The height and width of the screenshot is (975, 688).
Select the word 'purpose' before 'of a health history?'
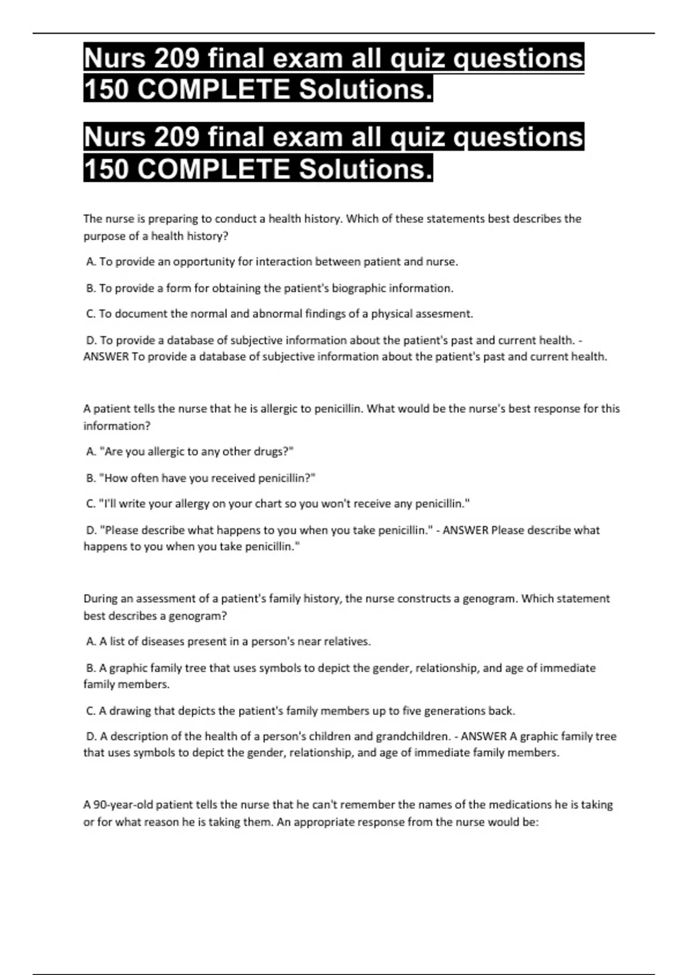pyautogui.click(x=103, y=236)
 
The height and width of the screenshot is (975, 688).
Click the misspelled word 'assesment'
pyautogui.click(x=444, y=314)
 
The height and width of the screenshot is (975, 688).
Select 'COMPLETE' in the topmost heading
pyautogui.click(x=214, y=89)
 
